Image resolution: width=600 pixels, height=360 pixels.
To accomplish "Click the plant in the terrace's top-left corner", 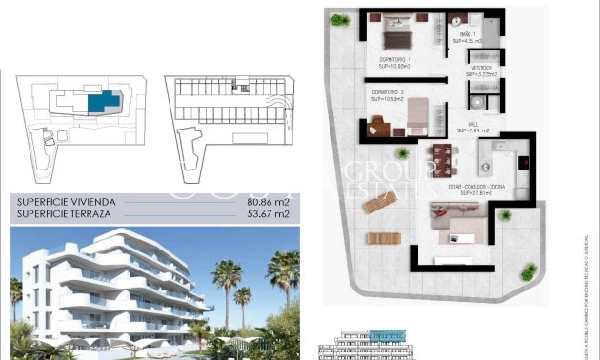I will point(340,19).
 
